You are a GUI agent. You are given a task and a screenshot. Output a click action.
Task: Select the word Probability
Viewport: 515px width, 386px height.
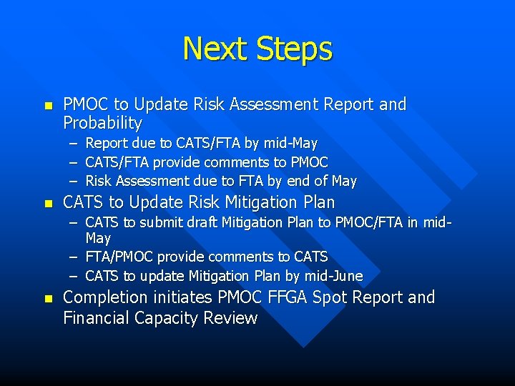click(x=103, y=123)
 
